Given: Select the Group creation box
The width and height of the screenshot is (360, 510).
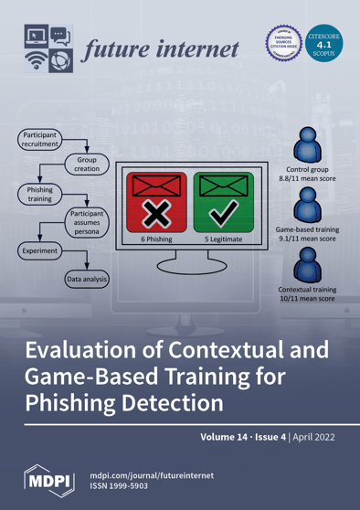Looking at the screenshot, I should [x=87, y=165].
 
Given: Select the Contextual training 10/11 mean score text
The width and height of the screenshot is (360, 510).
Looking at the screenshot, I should [x=308, y=294].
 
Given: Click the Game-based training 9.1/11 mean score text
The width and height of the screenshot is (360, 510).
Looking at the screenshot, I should [x=308, y=236].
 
